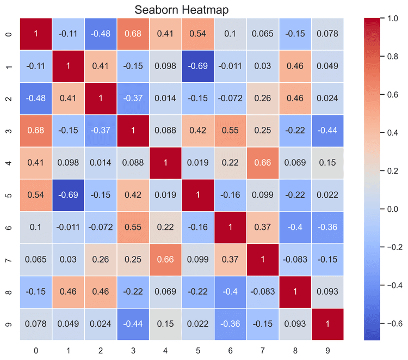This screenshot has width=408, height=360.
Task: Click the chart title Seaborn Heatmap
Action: (x=181, y=9)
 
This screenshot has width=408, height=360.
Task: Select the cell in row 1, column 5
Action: (x=197, y=66)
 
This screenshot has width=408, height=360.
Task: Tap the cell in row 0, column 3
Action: (x=133, y=34)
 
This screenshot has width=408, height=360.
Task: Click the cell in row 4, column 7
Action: (x=262, y=163)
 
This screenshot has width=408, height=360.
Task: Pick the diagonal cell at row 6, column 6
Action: (x=230, y=227)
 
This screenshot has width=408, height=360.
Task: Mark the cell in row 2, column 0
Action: (x=36, y=98)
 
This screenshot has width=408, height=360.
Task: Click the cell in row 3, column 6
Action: (x=230, y=131)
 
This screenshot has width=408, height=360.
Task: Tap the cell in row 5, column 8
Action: (x=294, y=195)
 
